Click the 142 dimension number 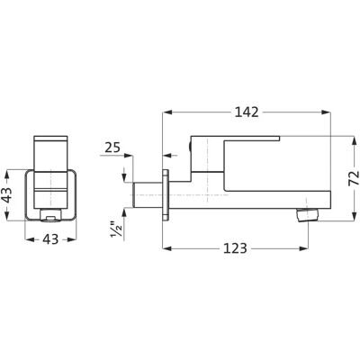tap(247, 112)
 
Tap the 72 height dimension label tap(355, 177)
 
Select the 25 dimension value tap(112, 148)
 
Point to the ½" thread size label tap(117, 230)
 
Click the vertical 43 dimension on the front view tap(7, 194)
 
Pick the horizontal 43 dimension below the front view tap(50, 239)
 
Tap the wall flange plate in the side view tap(166, 195)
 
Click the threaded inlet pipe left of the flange tap(148, 194)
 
